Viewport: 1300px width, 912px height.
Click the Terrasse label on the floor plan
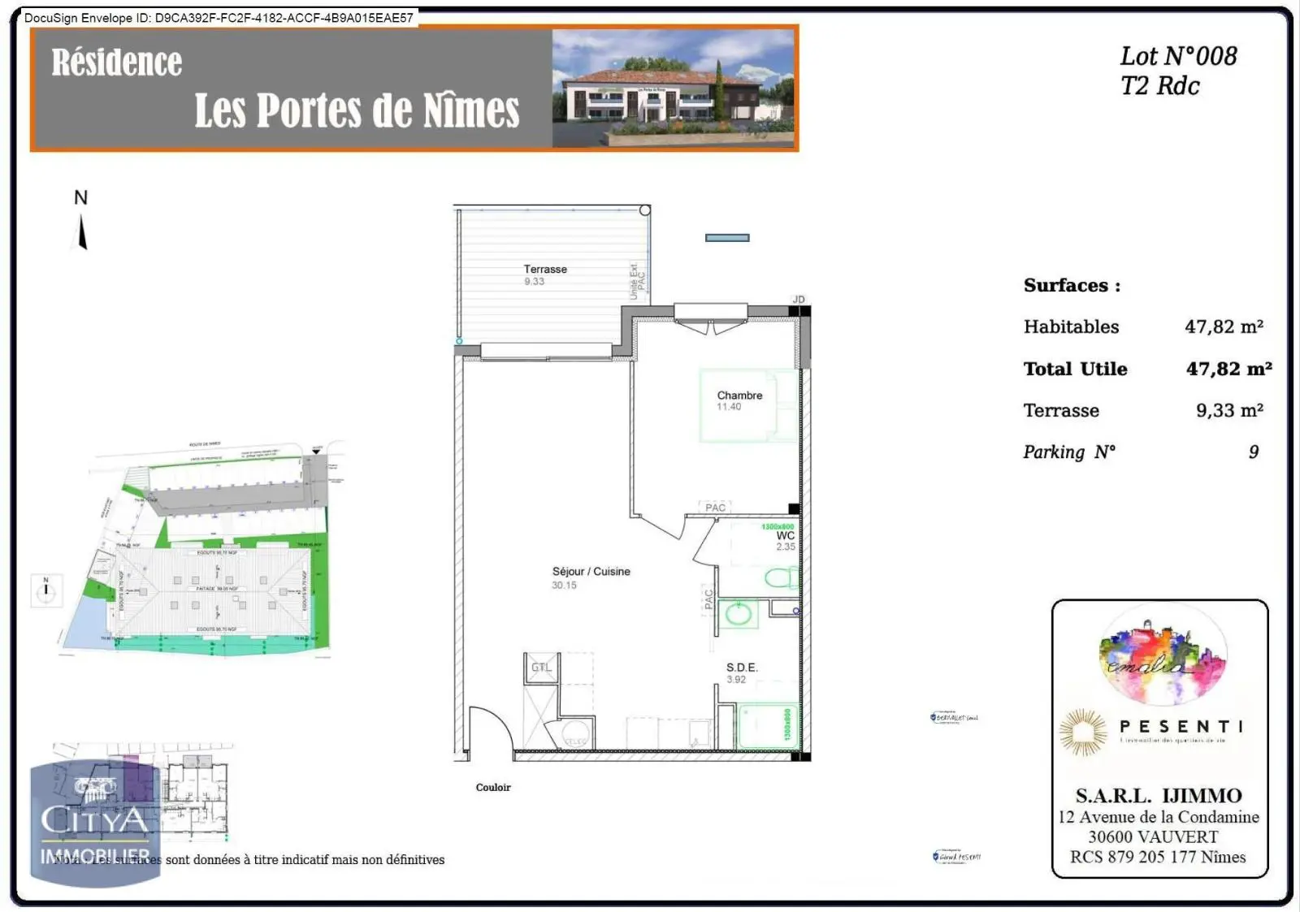pos(545,269)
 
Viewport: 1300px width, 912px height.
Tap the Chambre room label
pos(739,395)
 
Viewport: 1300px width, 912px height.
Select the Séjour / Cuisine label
pos(591,572)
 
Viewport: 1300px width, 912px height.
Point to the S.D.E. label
pos(741,668)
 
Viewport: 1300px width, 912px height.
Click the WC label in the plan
pos(785,536)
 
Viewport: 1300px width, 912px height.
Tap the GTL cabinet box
pos(541,668)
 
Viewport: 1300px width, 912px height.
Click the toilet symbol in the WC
pos(781,578)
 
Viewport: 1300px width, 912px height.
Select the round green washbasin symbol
pos(738,614)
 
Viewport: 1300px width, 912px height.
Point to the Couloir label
pos(493,787)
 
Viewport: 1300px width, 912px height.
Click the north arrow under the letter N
pos(81,233)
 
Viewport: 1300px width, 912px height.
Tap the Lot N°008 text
pos(1178,56)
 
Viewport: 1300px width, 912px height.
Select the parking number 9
pos(1254,452)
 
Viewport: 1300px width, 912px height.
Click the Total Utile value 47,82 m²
pos(1228,369)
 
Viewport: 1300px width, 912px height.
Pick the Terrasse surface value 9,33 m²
pos(1229,410)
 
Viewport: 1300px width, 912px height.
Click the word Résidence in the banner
pos(117,63)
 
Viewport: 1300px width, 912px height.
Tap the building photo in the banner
pos(673,89)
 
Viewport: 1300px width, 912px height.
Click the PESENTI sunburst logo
pos(1083,731)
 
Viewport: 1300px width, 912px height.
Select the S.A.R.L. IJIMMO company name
pos(1159,795)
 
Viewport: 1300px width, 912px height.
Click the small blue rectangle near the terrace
pos(727,238)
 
